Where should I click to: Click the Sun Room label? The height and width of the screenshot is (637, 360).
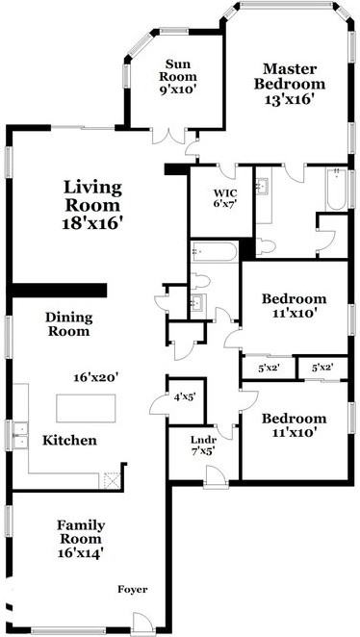click(x=177, y=70)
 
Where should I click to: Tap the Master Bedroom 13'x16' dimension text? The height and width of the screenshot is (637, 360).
click(x=290, y=99)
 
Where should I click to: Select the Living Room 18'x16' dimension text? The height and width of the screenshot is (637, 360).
click(x=92, y=223)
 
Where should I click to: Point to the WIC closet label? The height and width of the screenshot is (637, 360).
click(x=220, y=192)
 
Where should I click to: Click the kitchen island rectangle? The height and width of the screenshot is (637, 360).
click(x=86, y=408)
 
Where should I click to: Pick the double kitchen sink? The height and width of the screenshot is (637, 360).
click(x=20, y=435)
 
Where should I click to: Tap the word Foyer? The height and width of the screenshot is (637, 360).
click(x=133, y=589)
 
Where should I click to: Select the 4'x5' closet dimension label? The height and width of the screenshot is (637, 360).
click(x=185, y=398)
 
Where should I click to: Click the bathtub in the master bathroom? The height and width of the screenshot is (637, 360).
click(x=336, y=190)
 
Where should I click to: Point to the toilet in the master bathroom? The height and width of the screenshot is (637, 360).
click(x=266, y=246)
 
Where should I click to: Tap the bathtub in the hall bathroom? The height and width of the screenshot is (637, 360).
click(x=214, y=252)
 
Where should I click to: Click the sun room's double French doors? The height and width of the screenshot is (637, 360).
click(x=168, y=136)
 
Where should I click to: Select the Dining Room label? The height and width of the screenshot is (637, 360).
click(x=68, y=323)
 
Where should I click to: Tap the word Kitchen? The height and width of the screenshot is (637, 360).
click(x=69, y=441)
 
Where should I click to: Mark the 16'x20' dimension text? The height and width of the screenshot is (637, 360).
click(x=96, y=377)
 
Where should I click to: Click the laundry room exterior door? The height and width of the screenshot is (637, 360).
click(x=216, y=476)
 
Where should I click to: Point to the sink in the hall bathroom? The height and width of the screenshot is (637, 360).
click(x=198, y=302)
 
